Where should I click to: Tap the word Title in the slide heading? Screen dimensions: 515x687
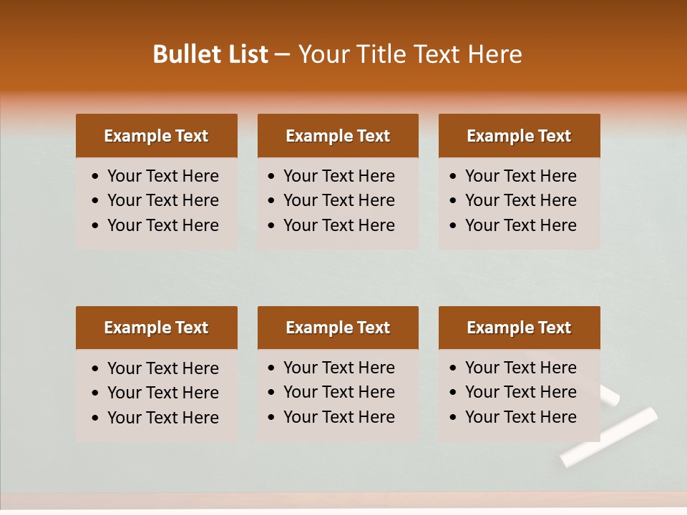[381, 54]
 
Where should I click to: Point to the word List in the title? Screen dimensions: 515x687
[245, 54]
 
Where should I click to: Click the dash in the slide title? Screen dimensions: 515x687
[282, 55]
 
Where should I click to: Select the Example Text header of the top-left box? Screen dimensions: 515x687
[156, 136]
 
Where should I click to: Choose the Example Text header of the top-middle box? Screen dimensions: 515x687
[338, 136]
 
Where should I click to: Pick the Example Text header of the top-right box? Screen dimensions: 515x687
[519, 136]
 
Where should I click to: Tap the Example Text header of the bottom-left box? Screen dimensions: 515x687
[156, 328]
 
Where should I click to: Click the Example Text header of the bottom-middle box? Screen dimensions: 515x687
[338, 328]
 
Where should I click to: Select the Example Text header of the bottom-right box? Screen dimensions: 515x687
[519, 328]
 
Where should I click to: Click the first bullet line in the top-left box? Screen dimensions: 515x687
[162, 176]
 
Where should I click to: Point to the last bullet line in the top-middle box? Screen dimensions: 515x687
[338, 225]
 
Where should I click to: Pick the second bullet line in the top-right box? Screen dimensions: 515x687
[520, 200]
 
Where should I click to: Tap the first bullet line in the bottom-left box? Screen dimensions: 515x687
[162, 368]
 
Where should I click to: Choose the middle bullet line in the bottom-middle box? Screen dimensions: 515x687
[338, 392]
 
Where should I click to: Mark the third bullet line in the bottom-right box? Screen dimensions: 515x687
[520, 417]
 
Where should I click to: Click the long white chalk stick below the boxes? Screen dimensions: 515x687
[609, 436]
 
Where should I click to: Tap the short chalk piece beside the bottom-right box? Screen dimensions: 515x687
[610, 395]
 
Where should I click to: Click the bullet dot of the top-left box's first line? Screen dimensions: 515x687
[96, 177]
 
